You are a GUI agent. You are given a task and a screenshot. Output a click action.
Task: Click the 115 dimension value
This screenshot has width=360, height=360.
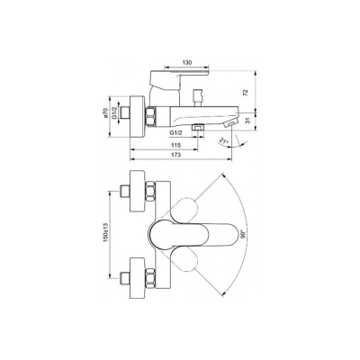click(x=177, y=146)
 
